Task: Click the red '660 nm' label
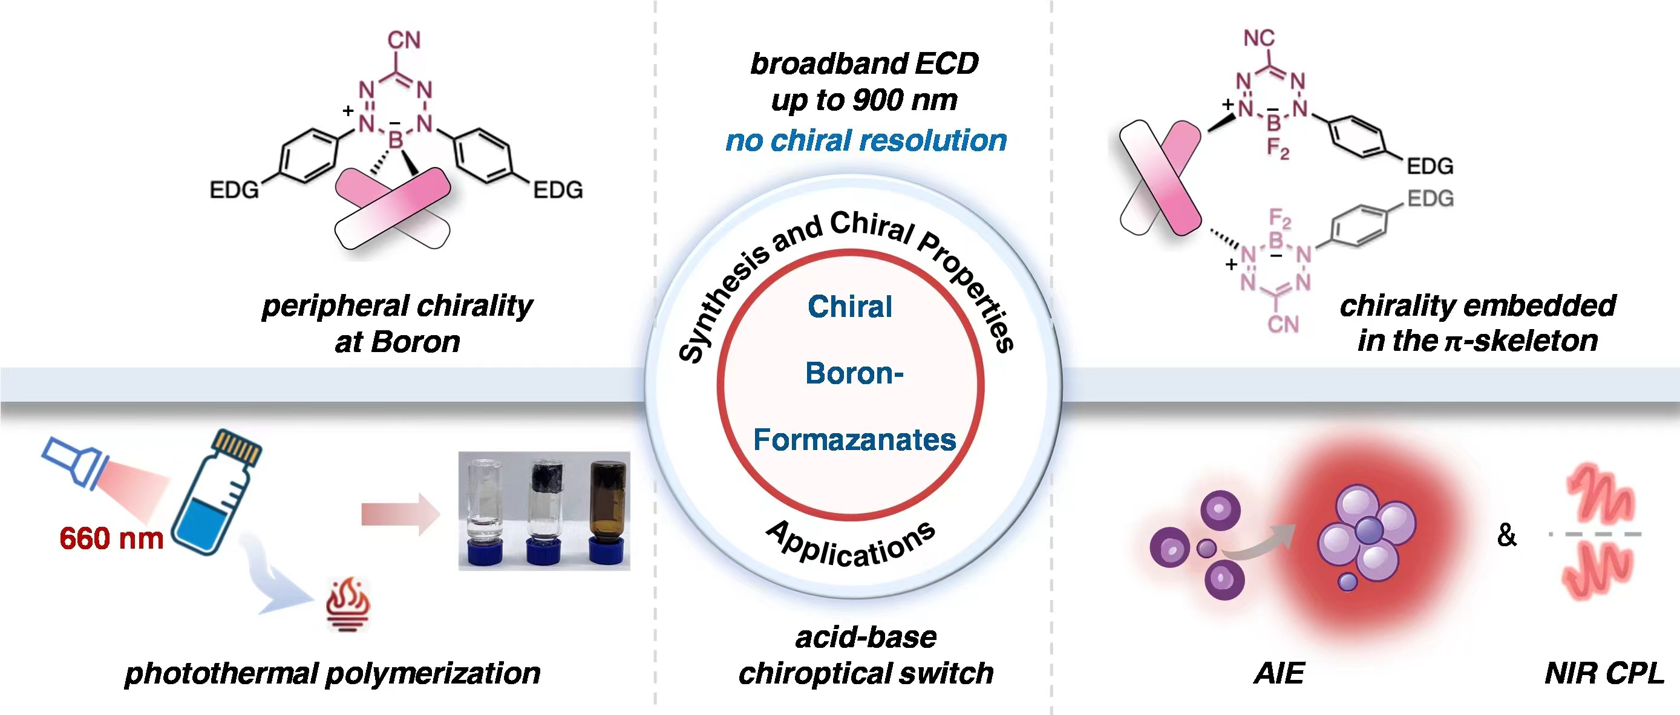(x=111, y=539)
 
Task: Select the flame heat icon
(x=348, y=603)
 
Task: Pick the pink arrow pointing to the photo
(x=400, y=514)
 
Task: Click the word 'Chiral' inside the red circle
(x=849, y=307)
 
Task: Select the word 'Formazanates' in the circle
(x=854, y=440)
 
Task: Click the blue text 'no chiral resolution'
(x=866, y=141)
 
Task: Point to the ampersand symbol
(x=1506, y=535)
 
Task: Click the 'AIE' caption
(x=1279, y=673)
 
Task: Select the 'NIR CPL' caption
(x=1604, y=673)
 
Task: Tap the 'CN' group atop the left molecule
(x=404, y=41)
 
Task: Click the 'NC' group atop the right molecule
(x=1259, y=38)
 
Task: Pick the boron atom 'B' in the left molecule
(x=396, y=139)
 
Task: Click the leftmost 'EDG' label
(x=234, y=191)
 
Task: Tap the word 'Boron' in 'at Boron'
(x=416, y=342)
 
